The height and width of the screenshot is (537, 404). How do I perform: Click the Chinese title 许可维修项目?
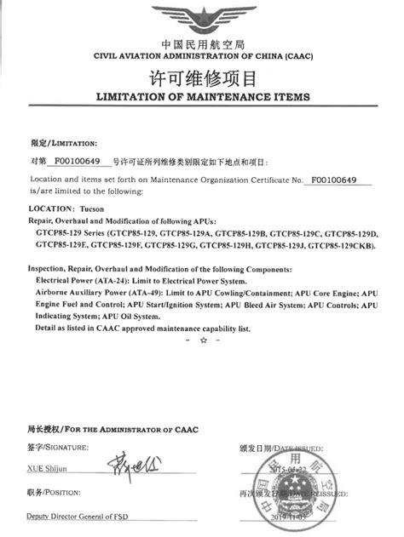(x=202, y=79)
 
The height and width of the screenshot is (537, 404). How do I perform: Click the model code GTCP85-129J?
(x=280, y=245)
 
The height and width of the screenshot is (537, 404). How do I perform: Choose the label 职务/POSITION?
(x=52, y=493)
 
